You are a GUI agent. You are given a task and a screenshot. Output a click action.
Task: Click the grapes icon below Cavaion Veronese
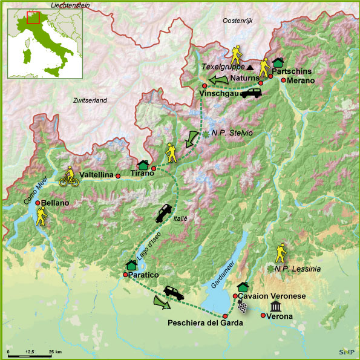243,307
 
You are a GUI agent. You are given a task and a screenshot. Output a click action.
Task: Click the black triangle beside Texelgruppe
249,67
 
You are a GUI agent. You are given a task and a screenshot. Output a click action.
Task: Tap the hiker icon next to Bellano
41,216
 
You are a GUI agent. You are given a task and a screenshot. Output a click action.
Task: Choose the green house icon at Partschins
278,62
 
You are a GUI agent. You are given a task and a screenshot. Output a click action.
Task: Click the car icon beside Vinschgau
252,93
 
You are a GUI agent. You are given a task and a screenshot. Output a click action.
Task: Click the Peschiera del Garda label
205,323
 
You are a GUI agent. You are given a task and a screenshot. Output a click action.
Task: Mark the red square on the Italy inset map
33,16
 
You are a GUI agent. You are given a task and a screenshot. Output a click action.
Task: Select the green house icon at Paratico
131,265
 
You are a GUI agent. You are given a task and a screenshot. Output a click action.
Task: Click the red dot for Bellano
38,203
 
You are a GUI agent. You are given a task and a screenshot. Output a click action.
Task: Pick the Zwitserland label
89,100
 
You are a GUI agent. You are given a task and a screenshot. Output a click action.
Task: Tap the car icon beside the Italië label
164,214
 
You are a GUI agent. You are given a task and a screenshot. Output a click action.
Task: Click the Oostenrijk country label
240,21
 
